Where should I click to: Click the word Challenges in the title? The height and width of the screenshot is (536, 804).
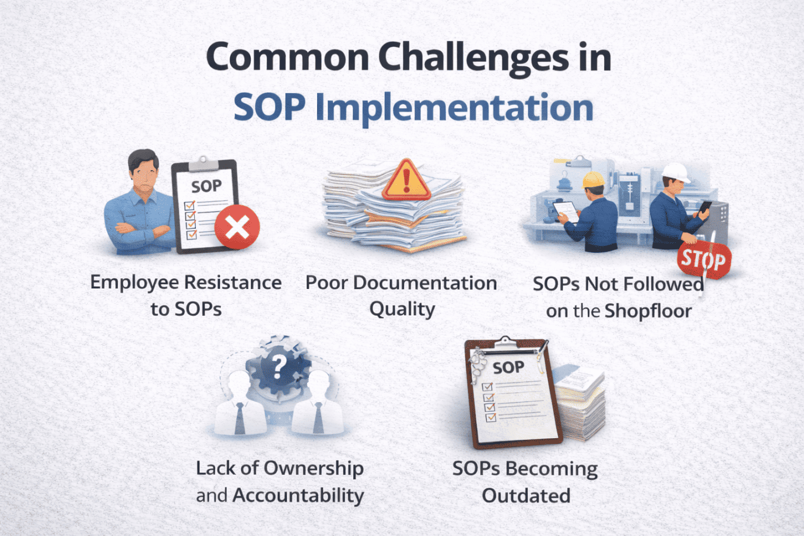[473, 58]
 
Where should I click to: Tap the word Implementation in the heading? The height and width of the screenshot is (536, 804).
[454, 108]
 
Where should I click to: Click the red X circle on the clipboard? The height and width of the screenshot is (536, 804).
[237, 227]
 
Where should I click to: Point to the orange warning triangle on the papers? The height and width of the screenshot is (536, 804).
[406, 180]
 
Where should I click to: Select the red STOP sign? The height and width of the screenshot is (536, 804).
[704, 260]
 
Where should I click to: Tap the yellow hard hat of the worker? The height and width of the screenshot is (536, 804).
[593, 179]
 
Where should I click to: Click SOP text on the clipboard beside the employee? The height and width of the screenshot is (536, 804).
[206, 186]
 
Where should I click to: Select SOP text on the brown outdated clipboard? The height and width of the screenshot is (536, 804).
[508, 368]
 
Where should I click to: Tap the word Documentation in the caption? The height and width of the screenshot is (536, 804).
[424, 283]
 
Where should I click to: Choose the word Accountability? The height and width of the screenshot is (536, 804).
[298, 495]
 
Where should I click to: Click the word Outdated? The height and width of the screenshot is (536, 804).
[526, 496]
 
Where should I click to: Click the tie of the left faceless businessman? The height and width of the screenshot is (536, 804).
[240, 418]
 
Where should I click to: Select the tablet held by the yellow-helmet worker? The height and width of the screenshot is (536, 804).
[566, 210]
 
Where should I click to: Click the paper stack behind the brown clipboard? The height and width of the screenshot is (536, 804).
[580, 402]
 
